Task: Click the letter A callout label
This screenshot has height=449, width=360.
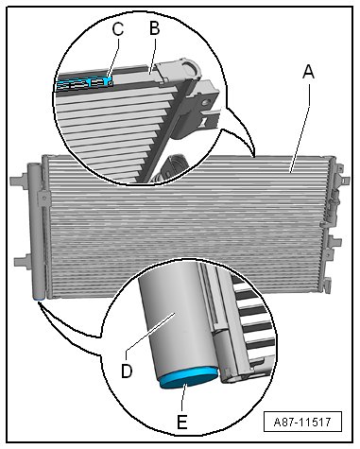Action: point(308,72)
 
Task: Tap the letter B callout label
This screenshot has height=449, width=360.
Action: point(154,27)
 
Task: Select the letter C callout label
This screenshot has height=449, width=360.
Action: point(118,30)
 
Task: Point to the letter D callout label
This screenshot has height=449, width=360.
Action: point(127,371)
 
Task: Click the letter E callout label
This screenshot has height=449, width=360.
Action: point(182,422)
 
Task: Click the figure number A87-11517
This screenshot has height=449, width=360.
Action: point(302,422)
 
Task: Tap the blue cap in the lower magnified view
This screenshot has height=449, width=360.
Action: point(189,377)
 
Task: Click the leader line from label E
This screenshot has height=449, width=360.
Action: point(183,397)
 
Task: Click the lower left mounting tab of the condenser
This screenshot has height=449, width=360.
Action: point(22,262)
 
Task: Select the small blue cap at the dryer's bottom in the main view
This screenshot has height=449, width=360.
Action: point(39,299)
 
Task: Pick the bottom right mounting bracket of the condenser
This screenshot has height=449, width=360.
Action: point(326,283)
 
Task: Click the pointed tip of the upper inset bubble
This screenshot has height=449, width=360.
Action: point(254,157)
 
